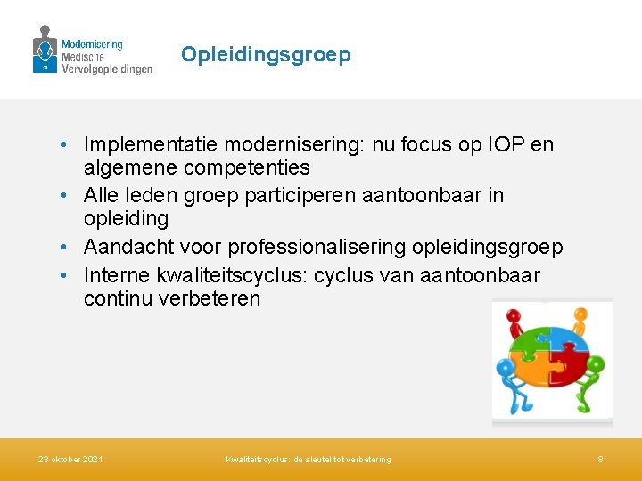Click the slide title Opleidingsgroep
pyautogui.click(x=266, y=55)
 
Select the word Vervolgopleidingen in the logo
pyautogui.click(x=107, y=69)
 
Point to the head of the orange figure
pyautogui.click(x=581, y=314)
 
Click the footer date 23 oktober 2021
pyautogui.click(x=70, y=460)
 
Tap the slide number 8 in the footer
pyautogui.click(x=600, y=460)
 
